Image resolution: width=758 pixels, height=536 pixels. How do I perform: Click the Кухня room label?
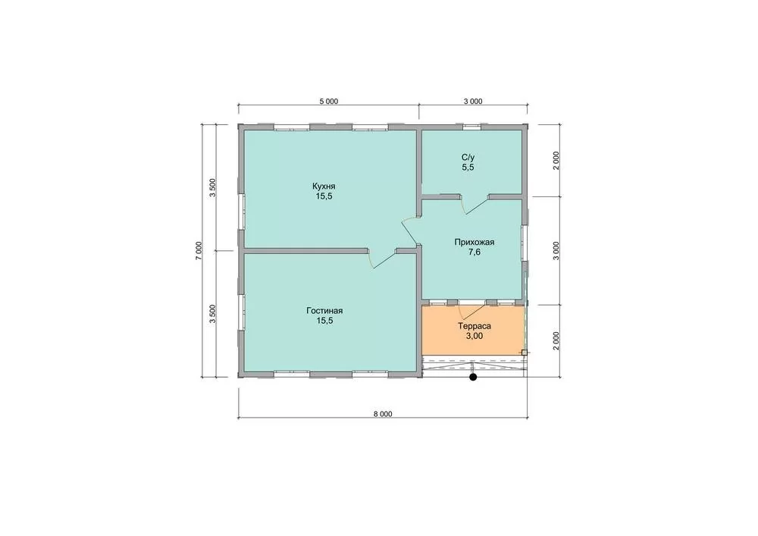pos(324,186)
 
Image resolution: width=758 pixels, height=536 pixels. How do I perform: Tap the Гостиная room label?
pos(324,310)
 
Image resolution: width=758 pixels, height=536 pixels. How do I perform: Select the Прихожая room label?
pos(475,242)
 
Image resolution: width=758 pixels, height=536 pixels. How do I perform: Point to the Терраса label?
pos(475,326)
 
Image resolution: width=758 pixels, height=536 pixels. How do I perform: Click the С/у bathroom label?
pos(468,157)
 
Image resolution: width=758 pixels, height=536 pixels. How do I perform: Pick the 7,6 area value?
pos(475,252)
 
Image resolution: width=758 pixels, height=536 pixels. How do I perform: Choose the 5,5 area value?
pos(468,168)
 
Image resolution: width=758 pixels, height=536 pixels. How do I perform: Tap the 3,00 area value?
pos(475,337)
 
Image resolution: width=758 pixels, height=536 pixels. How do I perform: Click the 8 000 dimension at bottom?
pos(383,414)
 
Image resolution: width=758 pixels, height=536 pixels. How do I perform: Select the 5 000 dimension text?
pos(329,102)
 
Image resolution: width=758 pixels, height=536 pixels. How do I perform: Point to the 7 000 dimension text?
pos(199,251)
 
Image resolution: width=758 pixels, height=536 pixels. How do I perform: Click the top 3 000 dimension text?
pos(473,102)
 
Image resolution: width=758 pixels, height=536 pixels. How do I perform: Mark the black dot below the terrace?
pos(473,377)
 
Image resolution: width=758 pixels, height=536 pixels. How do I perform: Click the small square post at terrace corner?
pos(524,353)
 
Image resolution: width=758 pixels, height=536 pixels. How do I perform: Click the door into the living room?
pos(382,259)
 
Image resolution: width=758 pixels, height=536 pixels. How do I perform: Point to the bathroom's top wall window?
pos(471,127)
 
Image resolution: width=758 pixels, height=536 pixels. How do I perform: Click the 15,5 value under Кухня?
pos(324,196)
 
